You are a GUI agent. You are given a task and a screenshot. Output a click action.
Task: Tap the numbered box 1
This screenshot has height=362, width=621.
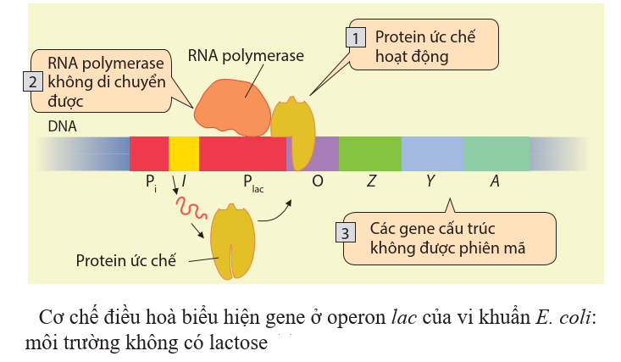(357, 38)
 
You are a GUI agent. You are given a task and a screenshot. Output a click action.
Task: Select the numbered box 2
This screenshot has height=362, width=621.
(31, 82)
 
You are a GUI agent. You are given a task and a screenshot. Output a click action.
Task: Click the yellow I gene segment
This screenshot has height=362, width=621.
(184, 153)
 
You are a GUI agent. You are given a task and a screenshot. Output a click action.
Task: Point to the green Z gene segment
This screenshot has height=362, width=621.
(369, 153)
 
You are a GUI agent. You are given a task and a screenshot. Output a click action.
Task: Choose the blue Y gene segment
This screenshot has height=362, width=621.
(432, 153)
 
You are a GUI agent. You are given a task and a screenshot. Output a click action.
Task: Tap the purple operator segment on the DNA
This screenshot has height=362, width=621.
(326, 153)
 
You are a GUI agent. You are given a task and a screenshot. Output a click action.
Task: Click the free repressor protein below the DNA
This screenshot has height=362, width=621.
(232, 242)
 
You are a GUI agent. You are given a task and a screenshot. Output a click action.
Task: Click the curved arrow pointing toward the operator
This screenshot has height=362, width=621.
(278, 212)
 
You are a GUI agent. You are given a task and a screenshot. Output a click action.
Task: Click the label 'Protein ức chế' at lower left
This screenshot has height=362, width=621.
(125, 259)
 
